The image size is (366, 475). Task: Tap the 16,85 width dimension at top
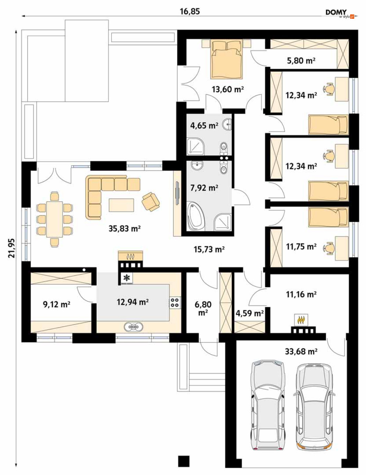(x=190, y=11)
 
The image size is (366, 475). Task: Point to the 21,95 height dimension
(x=12, y=248)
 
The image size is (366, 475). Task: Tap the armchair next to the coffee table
(x=151, y=201)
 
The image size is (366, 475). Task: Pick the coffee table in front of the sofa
(x=121, y=205)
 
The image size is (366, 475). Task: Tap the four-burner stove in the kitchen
(x=175, y=302)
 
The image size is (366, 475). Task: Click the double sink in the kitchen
(x=134, y=326)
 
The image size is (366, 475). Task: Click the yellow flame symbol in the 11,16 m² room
(x=301, y=320)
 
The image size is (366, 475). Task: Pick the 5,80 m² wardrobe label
(x=301, y=61)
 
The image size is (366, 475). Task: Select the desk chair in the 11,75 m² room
(x=328, y=248)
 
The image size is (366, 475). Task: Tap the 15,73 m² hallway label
(x=209, y=249)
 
